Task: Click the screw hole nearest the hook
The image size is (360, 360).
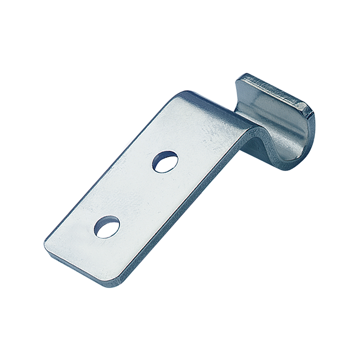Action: (x=165, y=162)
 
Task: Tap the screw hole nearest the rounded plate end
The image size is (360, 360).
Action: (x=107, y=227)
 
